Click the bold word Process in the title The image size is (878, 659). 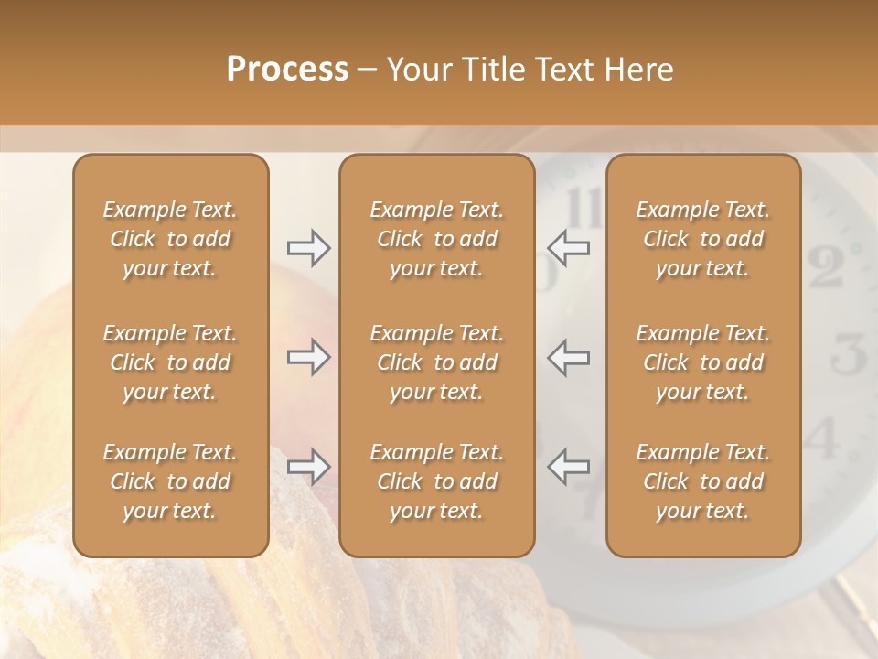tap(287, 70)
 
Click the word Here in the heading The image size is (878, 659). tap(640, 70)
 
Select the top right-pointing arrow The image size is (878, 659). tap(308, 248)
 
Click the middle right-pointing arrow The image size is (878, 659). tap(308, 357)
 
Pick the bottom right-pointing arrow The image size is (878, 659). tap(308, 467)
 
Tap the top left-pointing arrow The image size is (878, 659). tap(569, 248)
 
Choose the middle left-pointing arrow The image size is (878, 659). tap(569, 357)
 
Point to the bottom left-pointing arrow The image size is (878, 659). tap(569, 467)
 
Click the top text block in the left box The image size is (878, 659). tap(170, 239)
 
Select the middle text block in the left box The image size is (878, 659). tap(170, 362)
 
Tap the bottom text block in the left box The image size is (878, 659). tap(170, 481)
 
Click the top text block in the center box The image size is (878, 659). tap(436, 239)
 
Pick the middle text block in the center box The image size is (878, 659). tap(436, 362)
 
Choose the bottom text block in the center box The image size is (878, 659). tap(436, 481)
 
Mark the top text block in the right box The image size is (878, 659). tap(702, 239)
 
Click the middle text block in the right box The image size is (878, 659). tap(702, 362)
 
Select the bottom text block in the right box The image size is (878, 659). tap(702, 481)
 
